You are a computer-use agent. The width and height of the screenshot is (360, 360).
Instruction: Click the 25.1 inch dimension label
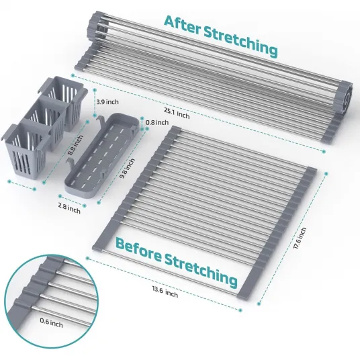click(177, 114)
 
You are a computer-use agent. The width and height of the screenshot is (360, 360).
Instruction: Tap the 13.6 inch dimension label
click(165, 291)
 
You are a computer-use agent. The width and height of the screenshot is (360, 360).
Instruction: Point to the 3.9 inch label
click(107, 101)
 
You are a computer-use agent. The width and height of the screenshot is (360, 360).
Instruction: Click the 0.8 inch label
click(157, 122)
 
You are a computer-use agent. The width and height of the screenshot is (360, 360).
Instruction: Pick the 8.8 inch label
click(76, 145)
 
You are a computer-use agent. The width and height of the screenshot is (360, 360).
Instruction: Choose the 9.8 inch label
click(128, 169)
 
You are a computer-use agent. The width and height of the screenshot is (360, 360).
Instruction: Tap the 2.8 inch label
click(69, 210)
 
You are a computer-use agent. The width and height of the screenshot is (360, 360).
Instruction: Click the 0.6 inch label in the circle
click(51, 322)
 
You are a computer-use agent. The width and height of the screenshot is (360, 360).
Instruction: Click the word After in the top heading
click(183, 26)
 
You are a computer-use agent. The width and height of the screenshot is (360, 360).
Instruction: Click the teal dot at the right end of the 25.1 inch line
click(324, 151)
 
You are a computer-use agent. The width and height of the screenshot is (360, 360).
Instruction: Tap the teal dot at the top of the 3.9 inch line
click(94, 90)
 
